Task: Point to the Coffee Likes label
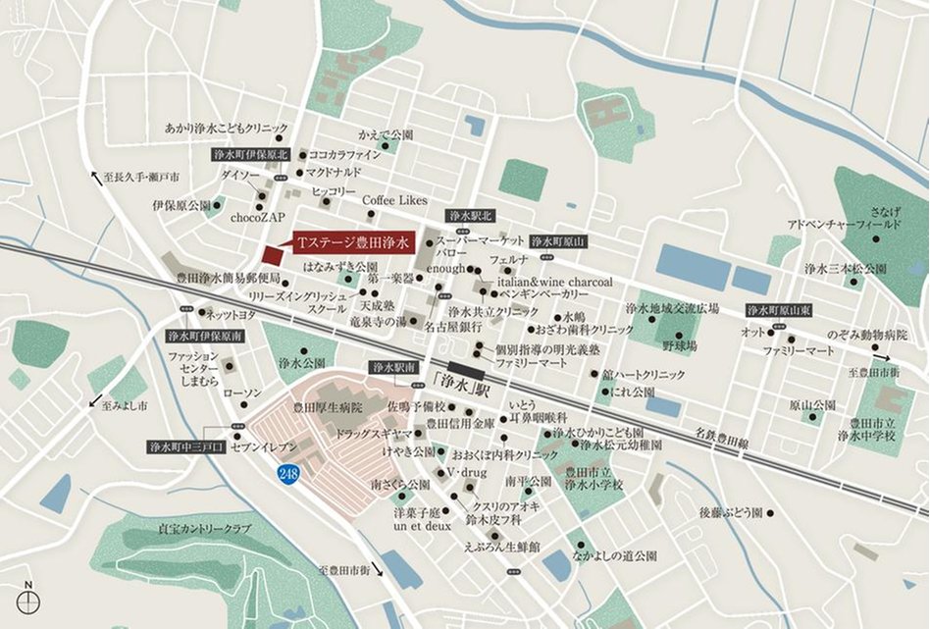[x=394, y=200]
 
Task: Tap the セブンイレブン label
[x=262, y=446]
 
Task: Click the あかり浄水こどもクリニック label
[x=227, y=128]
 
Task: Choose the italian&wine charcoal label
[x=555, y=281]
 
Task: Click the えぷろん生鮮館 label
[x=501, y=547]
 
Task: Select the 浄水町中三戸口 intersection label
[x=186, y=446]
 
